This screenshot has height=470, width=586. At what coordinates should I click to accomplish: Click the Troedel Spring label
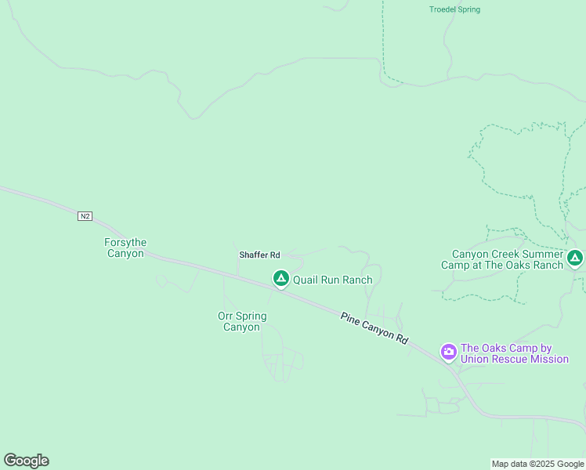click(x=454, y=9)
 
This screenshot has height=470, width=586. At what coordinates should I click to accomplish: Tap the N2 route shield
click(x=85, y=215)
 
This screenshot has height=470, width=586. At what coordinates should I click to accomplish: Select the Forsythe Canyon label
click(x=125, y=248)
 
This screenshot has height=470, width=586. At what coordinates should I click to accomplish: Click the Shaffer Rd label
click(x=259, y=255)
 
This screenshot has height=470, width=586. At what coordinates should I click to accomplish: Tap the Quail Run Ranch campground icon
click(x=280, y=278)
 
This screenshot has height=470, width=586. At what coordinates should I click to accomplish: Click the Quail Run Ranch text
click(x=332, y=280)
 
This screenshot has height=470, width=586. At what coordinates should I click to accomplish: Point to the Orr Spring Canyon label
click(x=242, y=322)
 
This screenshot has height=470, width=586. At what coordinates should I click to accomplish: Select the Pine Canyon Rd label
click(x=374, y=328)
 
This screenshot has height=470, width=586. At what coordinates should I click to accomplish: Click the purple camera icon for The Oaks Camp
click(x=449, y=351)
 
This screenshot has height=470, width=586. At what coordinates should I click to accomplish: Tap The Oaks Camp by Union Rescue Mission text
click(x=514, y=354)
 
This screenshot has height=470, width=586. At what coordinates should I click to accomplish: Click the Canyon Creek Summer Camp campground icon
click(x=575, y=257)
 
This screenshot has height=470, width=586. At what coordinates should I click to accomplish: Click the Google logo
click(x=26, y=461)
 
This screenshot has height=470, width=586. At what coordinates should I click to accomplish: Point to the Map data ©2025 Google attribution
click(x=537, y=464)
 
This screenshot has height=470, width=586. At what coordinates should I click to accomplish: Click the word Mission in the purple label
click(x=548, y=360)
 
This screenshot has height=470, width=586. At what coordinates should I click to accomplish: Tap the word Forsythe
click(x=125, y=243)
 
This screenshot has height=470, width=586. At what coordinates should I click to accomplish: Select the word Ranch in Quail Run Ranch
click(x=356, y=280)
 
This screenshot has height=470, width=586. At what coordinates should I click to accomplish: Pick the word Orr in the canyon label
click(x=226, y=316)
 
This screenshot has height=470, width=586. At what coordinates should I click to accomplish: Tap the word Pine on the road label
click(x=349, y=318)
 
